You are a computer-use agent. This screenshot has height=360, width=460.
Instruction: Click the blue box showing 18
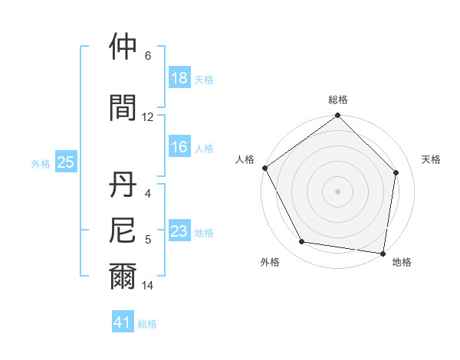(x=179, y=78)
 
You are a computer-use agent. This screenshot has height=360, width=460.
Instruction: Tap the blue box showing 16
(x=179, y=147)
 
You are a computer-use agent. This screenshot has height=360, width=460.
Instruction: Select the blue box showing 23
(x=179, y=231)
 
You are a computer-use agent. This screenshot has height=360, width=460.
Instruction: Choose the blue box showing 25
(x=65, y=162)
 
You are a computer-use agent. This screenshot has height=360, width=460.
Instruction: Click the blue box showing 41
(x=123, y=322)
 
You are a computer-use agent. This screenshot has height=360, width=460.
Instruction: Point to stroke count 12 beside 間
(x=148, y=117)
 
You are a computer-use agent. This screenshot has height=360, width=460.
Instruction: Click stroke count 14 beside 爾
(x=148, y=286)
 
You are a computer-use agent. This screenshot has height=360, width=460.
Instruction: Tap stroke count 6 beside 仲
(x=148, y=56)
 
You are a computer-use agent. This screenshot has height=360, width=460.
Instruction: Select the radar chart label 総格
(x=338, y=100)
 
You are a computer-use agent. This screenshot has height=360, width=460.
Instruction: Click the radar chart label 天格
(x=432, y=159)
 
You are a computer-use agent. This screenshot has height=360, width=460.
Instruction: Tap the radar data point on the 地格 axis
(x=383, y=252)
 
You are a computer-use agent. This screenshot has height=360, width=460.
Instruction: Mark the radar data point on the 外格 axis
(x=302, y=242)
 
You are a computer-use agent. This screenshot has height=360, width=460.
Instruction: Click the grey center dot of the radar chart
(x=338, y=191)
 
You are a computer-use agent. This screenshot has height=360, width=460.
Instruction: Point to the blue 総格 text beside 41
(x=147, y=323)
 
